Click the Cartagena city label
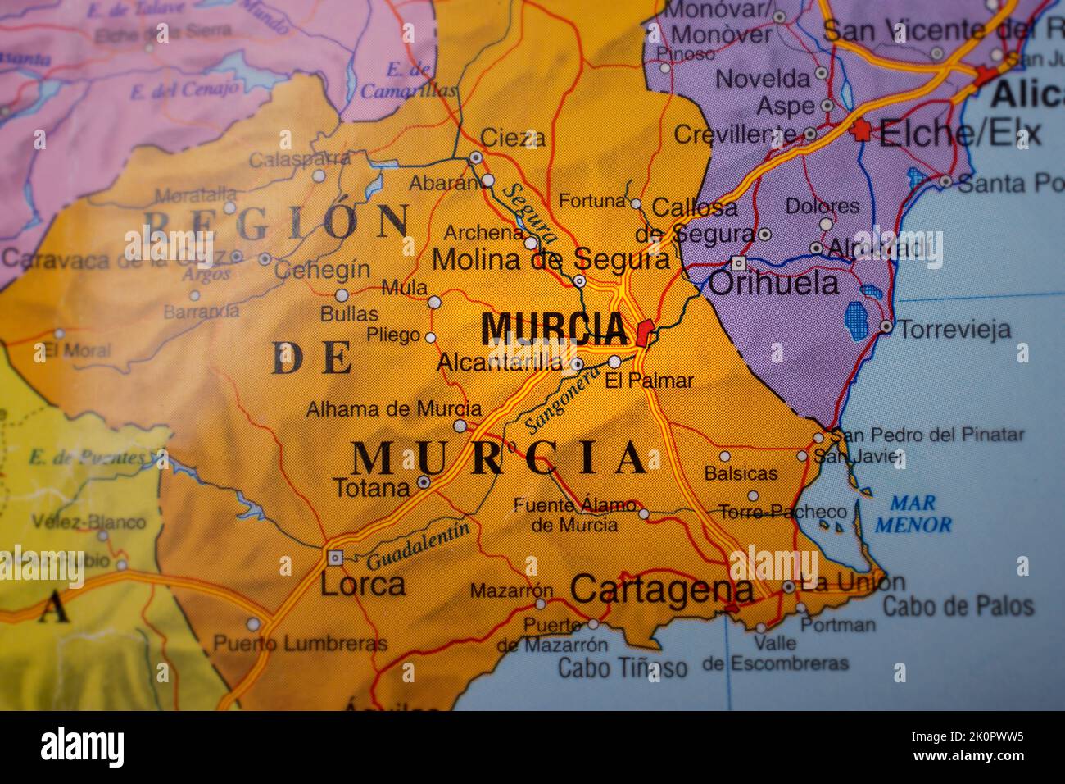click(661, 590)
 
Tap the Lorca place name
click(362, 584)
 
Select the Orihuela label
click(773, 284)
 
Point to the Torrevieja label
click(954, 330)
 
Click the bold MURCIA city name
click(554, 329)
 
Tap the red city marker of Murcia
click(644, 333)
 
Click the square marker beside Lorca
click(334, 558)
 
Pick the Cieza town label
click(512, 137)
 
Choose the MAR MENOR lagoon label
click(913, 514)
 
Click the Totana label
click(371, 488)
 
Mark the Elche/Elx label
click(959, 133)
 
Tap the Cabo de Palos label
click(958, 606)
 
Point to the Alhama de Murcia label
click(394, 408)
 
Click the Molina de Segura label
click(551, 259)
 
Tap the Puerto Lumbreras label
click(300, 644)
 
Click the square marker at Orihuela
click(738, 263)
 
